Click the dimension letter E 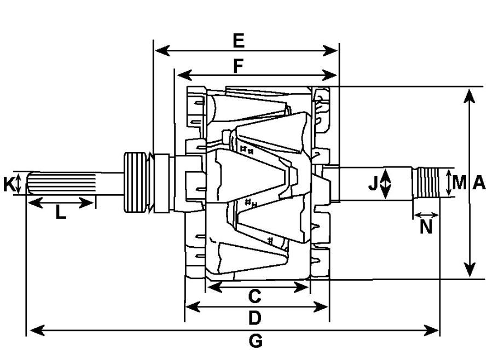coord(239,40)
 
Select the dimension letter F coord(239,66)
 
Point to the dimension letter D coord(254,318)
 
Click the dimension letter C coord(254,296)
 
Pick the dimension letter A coord(479,182)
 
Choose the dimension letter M coord(460,182)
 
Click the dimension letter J coord(373,184)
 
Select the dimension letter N coord(426,227)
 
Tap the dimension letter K coord(9,184)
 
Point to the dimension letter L coord(61,213)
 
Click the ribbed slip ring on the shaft coord(135,182)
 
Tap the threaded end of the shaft coord(426,183)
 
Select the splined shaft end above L coord(61,183)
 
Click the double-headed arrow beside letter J coord(385,184)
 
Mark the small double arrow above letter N coord(426,215)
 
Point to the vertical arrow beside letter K coord(18,183)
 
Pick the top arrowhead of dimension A coord(469,96)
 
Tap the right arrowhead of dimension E coord(330,50)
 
